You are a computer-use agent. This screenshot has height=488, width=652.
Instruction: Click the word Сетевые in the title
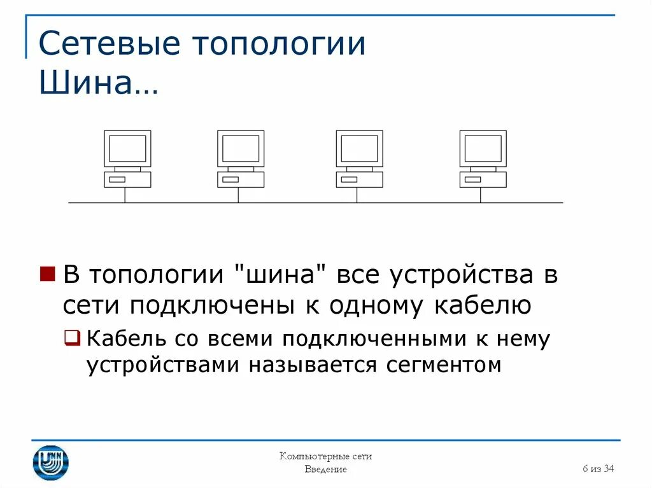click(x=109, y=45)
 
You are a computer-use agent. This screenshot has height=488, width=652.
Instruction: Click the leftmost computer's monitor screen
click(x=127, y=149)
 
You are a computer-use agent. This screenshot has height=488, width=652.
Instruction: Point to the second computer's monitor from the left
click(x=241, y=149)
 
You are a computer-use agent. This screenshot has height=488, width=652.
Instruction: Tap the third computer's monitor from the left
click(x=359, y=149)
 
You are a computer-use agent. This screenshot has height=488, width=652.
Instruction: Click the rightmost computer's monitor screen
click(x=483, y=149)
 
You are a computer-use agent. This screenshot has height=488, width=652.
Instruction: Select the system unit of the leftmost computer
click(x=127, y=179)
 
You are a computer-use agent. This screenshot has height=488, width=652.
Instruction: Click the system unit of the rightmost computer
click(x=483, y=179)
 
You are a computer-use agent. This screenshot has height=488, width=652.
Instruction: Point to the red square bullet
click(x=47, y=274)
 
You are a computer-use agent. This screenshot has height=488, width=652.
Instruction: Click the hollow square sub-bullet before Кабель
click(x=73, y=338)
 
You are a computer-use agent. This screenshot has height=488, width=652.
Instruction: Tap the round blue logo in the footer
click(x=50, y=462)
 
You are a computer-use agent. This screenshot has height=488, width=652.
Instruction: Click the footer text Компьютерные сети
click(x=325, y=456)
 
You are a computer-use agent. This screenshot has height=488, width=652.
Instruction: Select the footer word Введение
click(x=325, y=470)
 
